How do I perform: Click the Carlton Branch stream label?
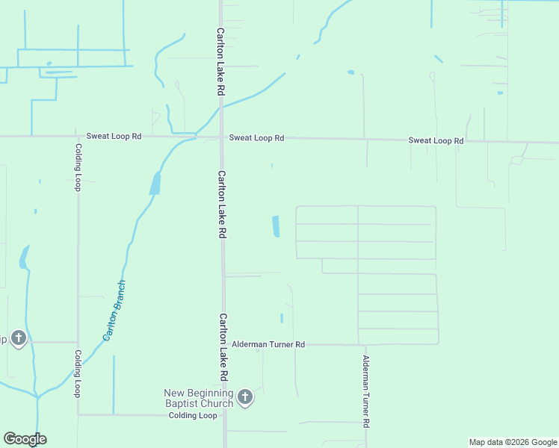point(114,311)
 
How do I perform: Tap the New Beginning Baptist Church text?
point(199,398)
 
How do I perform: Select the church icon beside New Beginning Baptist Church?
point(245,398)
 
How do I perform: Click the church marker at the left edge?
point(19,339)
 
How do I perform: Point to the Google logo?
point(25,439)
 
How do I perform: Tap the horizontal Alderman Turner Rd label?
point(268,344)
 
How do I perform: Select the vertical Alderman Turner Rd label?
point(365,391)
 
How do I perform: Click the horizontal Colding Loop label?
point(192,415)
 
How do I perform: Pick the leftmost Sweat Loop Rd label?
point(114,137)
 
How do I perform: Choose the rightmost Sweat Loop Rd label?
point(436,140)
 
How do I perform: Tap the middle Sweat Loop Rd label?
point(256,137)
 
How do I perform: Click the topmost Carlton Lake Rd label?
point(221,62)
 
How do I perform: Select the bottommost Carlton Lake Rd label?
point(223,346)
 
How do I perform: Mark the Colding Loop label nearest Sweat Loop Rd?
point(77,167)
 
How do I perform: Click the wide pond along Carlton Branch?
point(155,184)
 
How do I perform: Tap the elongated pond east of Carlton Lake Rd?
point(276,226)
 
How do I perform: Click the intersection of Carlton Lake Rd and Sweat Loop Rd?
point(221,137)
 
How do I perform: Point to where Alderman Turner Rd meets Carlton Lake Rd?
point(223,344)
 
